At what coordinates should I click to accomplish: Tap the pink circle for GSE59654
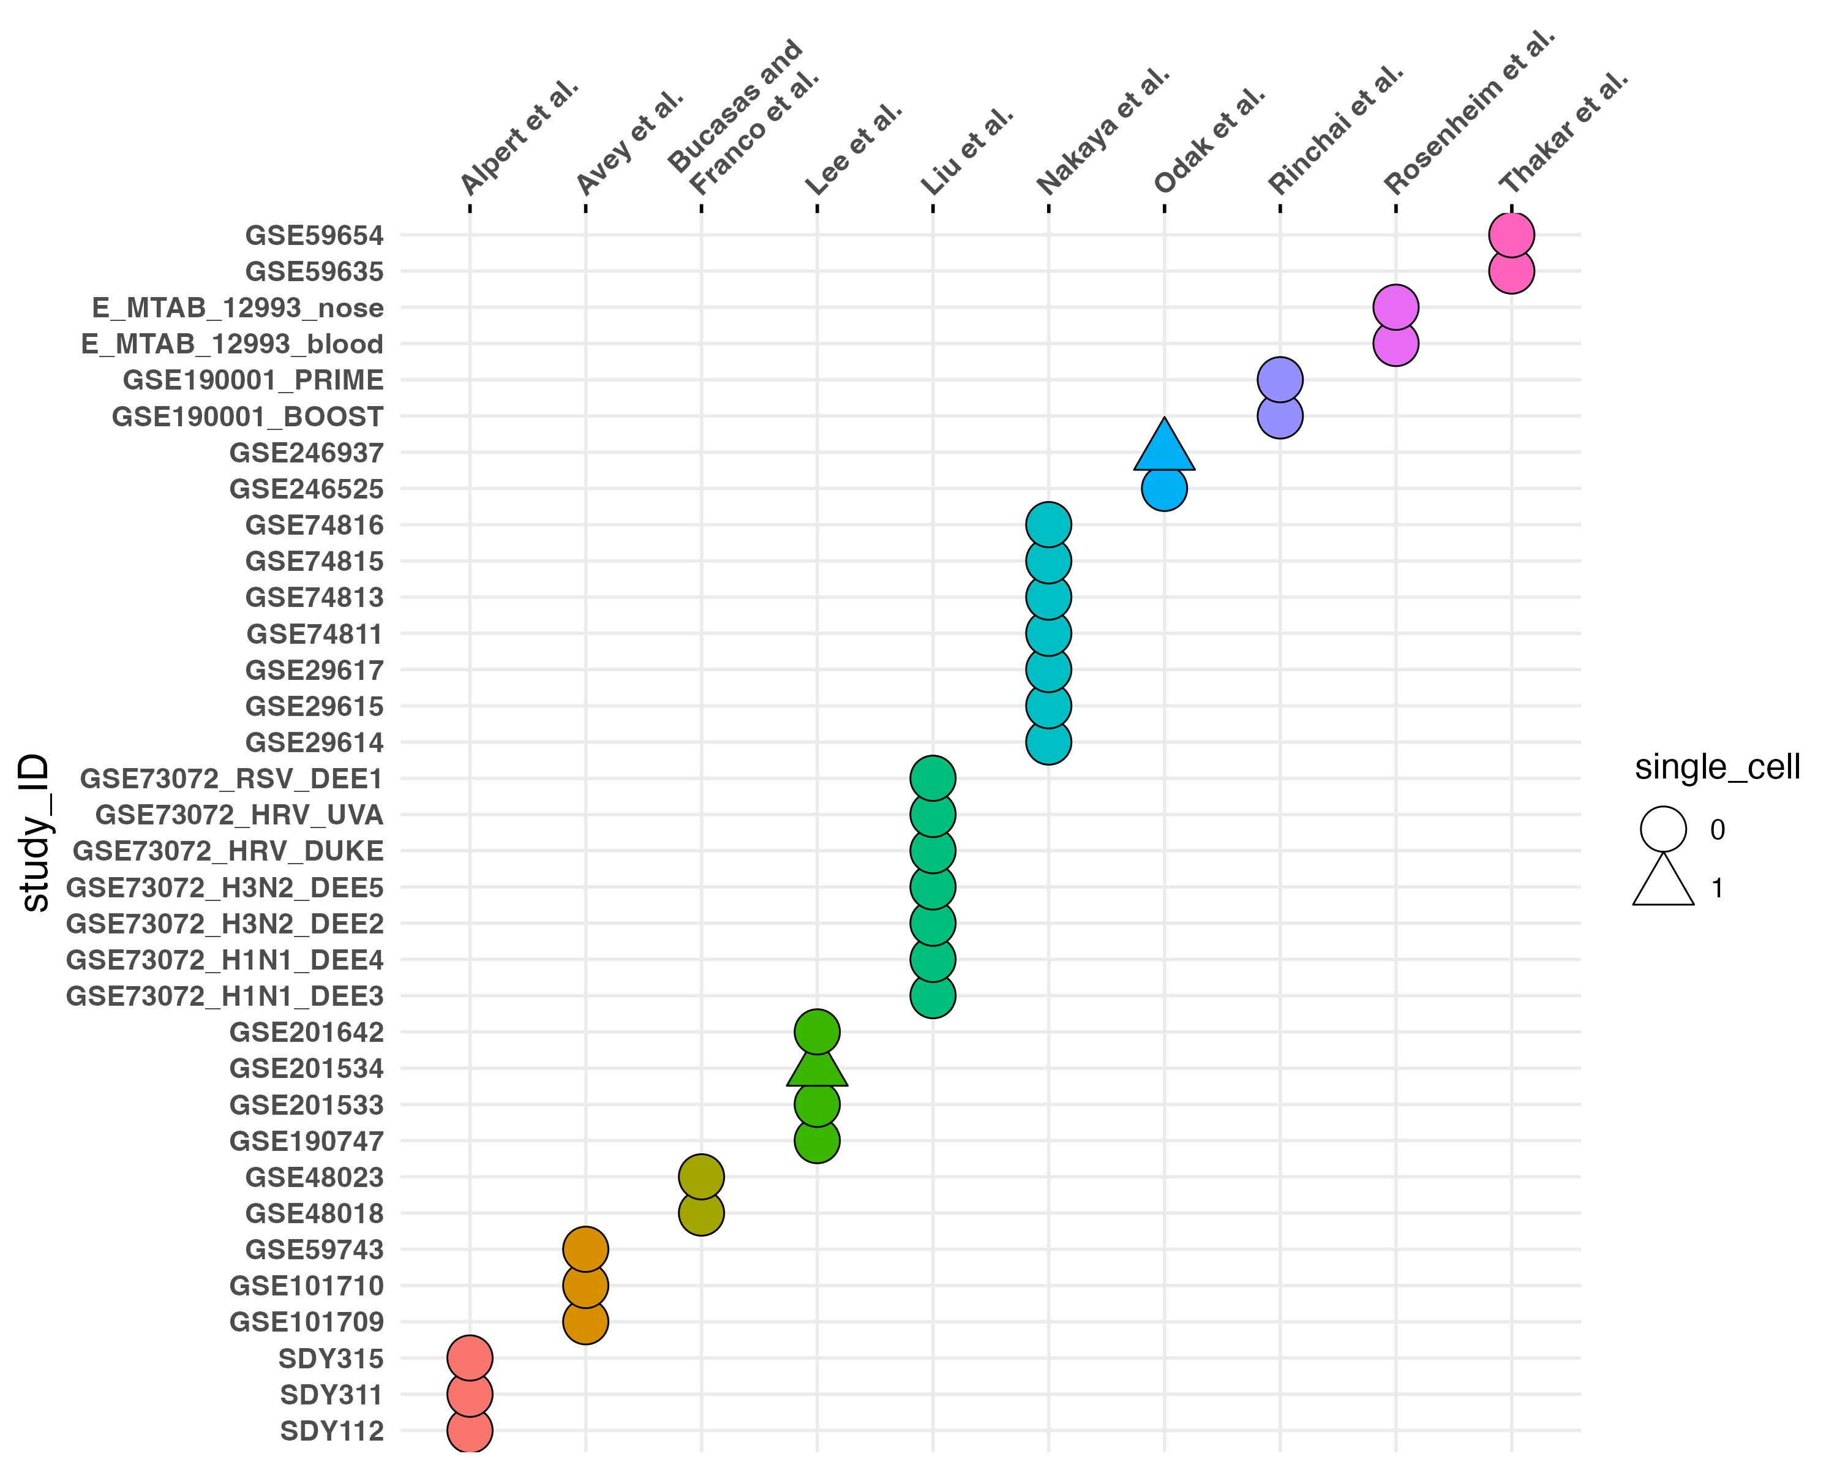click(1511, 235)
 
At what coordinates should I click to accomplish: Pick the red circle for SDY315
click(470, 1357)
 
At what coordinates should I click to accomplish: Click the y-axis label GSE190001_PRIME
click(253, 380)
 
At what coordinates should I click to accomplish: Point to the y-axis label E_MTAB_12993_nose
click(238, 307)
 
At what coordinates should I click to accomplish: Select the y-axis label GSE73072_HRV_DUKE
click(228, 851)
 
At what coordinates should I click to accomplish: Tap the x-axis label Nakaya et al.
click(1103, 131)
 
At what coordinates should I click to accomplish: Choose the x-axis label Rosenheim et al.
click(1469, 111)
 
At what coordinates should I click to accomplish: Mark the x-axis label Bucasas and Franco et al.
click(743, 118)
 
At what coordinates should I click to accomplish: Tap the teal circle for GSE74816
click(1048, 525)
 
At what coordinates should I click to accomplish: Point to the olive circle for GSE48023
click(701, 1177)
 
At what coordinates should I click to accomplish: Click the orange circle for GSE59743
click(585, 1249)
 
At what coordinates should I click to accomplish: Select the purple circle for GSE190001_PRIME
click(1280, 380)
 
